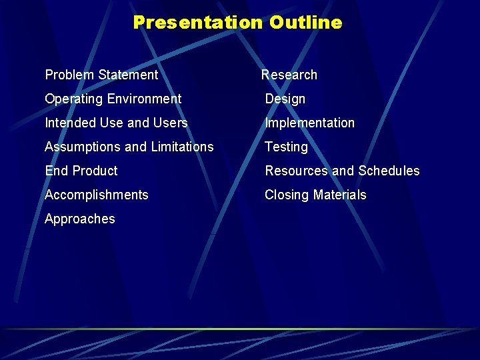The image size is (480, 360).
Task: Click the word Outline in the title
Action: pos(306,23)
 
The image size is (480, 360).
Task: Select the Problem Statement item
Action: pos(101,75)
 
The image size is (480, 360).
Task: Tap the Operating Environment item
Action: pos(113,99)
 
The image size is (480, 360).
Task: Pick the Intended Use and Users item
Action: pos(116,123)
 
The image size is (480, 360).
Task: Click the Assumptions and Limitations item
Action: pos(129,147)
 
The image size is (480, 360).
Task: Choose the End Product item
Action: pos(81,171)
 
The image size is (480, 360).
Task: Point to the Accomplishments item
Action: pos(96,195)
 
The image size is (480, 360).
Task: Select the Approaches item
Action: pos(79,219)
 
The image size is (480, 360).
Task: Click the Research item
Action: pos(289,75)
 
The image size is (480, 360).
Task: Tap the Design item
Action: pos(285,99)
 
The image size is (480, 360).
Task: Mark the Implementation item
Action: pos(309,123)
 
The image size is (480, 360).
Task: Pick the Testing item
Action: pos(286,147)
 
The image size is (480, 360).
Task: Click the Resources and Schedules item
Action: pos(342,171)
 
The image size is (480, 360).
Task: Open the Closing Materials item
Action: pos(315,195)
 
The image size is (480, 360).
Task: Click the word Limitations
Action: pos(182,147)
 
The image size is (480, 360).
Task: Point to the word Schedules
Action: pos(389,171)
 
